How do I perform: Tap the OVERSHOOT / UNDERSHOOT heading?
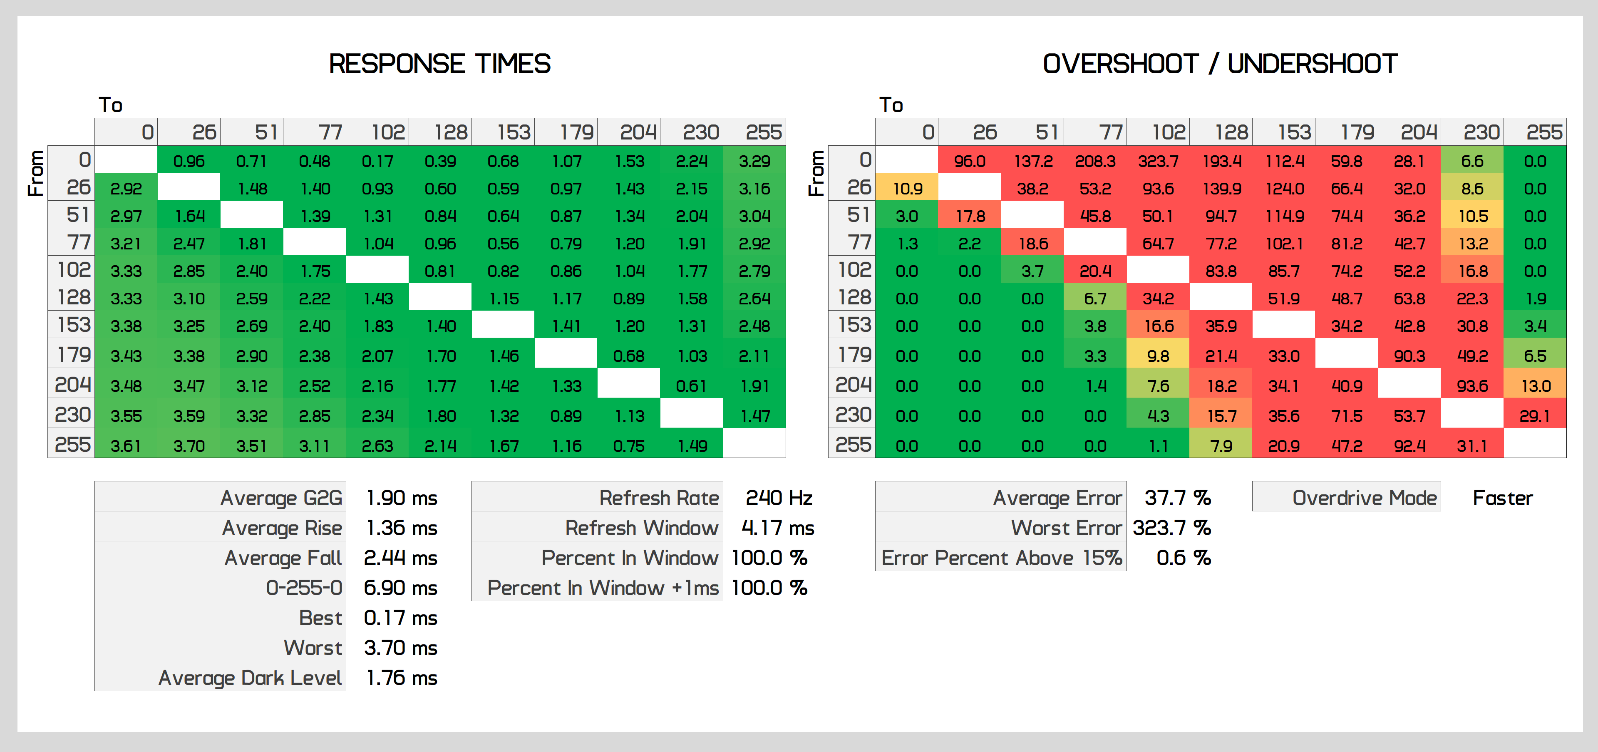(1220, 64)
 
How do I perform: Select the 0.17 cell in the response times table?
(377, 161)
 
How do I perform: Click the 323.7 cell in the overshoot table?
(1158, 161)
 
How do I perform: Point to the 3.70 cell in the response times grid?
(189, 446)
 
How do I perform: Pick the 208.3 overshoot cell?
(1095, 161)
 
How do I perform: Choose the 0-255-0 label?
(304, 588)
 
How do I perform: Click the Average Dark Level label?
(250, 677)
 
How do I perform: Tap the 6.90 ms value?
(400, 588)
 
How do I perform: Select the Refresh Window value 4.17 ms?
(777, 528)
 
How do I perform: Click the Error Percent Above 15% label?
(1001, 558)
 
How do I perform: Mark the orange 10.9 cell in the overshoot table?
(907, 189)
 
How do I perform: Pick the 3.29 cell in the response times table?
(754, 161)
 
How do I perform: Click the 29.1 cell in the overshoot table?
(1535, 416)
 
